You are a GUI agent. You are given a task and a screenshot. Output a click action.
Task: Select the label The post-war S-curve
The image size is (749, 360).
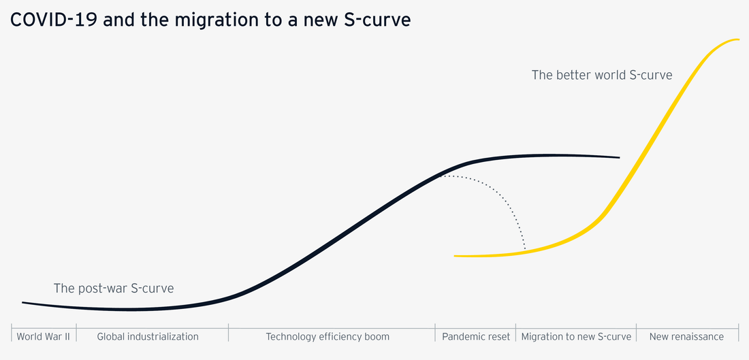114,289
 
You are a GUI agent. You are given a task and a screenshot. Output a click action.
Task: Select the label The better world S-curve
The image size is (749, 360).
602,75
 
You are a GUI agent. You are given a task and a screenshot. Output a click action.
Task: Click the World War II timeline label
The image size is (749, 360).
44,336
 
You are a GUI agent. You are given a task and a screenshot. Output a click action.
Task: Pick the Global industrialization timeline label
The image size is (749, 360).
148,336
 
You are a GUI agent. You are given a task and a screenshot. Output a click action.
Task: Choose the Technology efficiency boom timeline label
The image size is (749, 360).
328,336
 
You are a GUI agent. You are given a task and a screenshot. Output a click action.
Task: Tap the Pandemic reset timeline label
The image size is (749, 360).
475,336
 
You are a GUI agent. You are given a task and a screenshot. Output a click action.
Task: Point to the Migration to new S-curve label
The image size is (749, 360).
576,336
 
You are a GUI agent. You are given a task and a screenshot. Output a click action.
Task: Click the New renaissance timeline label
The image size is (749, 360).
686,336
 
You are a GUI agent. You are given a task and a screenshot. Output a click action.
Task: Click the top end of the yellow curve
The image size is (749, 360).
738,39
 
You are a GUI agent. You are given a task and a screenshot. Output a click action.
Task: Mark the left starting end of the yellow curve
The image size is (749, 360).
456,256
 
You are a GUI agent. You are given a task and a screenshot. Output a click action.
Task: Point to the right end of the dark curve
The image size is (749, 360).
618,157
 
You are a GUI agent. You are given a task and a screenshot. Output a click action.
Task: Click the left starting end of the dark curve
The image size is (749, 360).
23,302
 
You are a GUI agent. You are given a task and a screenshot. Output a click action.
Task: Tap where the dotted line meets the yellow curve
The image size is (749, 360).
526,251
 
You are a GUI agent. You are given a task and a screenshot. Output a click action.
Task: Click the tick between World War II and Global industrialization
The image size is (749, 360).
76,333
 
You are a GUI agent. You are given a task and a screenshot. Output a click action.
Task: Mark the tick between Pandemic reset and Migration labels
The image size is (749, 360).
515,333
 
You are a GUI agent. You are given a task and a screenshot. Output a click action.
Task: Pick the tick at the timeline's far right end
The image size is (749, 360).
739,333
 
